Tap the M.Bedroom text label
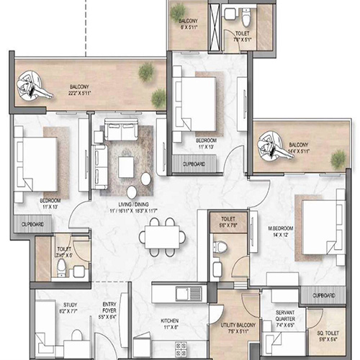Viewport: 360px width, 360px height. [279, 232]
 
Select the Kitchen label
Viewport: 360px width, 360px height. [170, 324]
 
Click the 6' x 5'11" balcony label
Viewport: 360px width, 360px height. [189, 25]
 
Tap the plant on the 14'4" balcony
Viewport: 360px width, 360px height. [336, 157]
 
